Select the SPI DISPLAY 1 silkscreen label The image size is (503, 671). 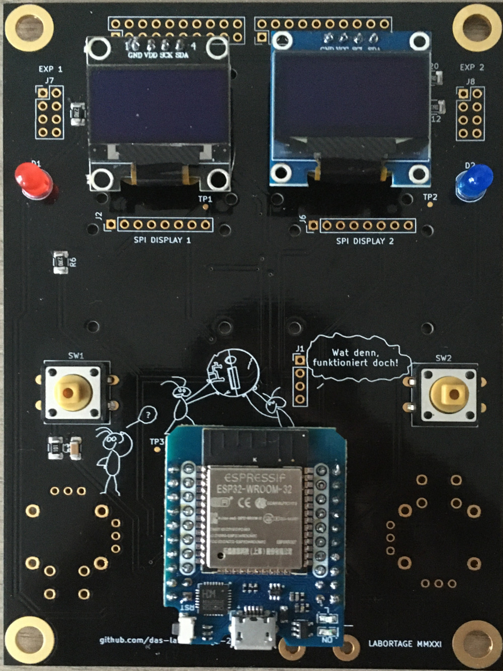(x=162, y=240)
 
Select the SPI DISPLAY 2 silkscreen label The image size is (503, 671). (x=365, y=241)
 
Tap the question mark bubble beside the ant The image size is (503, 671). (x=147, y=415)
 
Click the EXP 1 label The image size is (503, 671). (x=50, y=69)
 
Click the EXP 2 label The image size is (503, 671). (x=471, y=67)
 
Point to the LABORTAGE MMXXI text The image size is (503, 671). (x=405, y=643)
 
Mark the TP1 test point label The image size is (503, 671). (x=205, y=199)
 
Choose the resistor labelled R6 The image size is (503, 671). (x=60, y=263)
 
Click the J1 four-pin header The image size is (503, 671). (x=300, y=380)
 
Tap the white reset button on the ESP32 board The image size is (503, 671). (x=184, y=631)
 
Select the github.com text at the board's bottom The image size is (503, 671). (x=138, y=640)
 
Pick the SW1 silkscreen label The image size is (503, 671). (x=76, y=356)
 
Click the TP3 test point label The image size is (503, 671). (x=156, y=441)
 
